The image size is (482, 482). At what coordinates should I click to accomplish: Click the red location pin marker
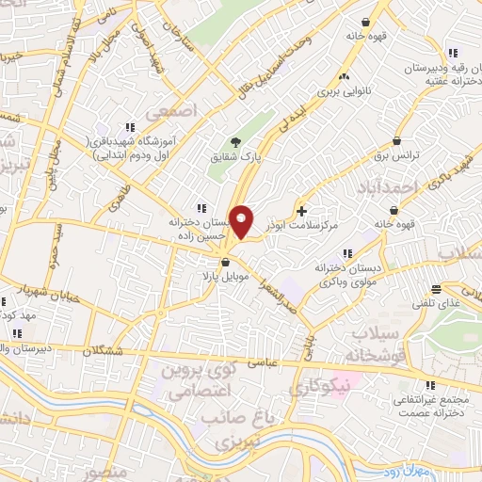tap(242, 222)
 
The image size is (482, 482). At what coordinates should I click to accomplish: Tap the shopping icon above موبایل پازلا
tap(226, 263)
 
